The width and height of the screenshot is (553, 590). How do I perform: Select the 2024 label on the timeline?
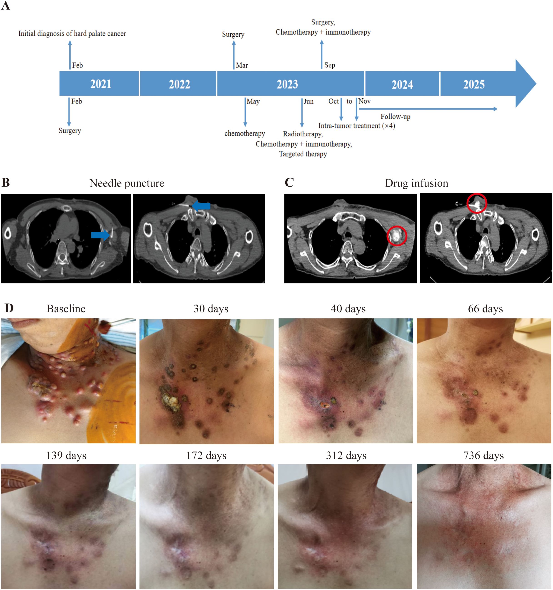tap(402, 85)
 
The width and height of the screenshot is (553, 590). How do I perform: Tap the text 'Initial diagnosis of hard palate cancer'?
tap(72, 34)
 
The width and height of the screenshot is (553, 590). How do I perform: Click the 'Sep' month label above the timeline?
tap(330, 65)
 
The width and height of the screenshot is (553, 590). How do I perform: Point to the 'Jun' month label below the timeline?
tap(309, 102)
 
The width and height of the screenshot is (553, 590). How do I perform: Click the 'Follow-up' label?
tap(395, 117)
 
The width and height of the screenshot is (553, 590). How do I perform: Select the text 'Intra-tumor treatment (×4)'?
tap(356, 126)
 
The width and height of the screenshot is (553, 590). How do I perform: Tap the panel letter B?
tap(6, 182)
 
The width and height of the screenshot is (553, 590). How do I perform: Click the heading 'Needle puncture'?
tap(127, 183)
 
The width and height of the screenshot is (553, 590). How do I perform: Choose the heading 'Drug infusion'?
tap(416, 183)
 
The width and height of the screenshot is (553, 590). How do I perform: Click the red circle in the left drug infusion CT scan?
tap(397, 236)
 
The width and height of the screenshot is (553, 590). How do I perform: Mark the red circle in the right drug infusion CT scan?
tap(477, 203)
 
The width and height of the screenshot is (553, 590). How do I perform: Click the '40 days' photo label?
tap(348, 309)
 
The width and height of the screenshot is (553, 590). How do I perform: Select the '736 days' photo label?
tap(483, 455)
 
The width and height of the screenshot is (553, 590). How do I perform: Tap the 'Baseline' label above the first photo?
tap(66, 309)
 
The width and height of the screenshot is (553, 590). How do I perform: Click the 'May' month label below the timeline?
tap(253, 102)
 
